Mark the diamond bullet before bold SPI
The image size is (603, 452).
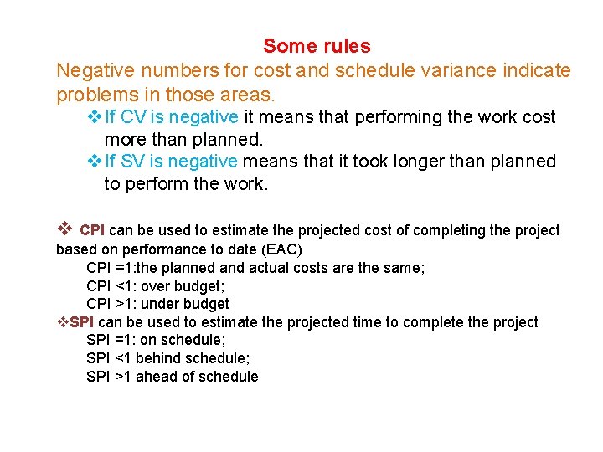[x=62, y=322]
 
